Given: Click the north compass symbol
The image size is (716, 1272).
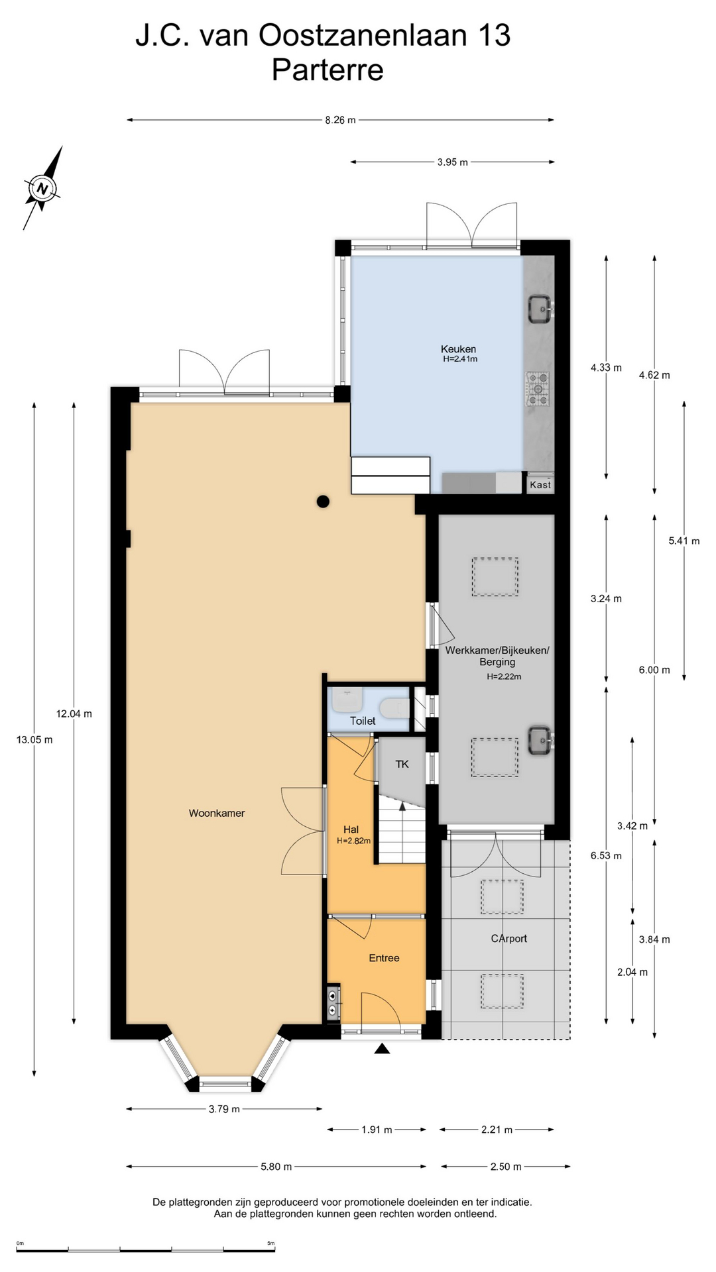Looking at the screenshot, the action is tap(43, 189).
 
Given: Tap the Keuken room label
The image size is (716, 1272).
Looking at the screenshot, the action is tap(458, 349).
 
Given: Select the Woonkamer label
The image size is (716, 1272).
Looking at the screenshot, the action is tap(217, 813).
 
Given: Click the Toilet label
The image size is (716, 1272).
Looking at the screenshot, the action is tap(363, 721).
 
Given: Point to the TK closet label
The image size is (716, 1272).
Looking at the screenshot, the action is tap(402, 764).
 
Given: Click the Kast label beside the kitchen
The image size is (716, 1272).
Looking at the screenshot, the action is tap(540, 484).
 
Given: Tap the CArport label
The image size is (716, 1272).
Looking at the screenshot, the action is tap(508, 938).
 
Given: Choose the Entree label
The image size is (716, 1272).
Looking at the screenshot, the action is tap(384, 957).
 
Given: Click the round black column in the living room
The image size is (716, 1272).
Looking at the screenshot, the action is tap(323, 502).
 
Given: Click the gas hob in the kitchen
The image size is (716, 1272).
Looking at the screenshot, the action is tap(538, 389).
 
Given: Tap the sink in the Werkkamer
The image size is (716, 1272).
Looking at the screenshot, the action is tap(540, 739).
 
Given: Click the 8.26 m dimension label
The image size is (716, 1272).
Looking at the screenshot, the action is tap(340, 120).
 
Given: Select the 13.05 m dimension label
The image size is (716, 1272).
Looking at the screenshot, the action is tap(34, 739).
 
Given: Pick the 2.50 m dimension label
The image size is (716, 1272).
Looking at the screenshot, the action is tap(506, 1166).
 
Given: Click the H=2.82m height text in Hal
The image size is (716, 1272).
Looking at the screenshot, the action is tap(353, 841).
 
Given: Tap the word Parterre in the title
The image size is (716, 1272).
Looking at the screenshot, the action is tap(328, 70).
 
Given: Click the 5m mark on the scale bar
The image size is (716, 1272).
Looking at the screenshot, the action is tap(270, 1244).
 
